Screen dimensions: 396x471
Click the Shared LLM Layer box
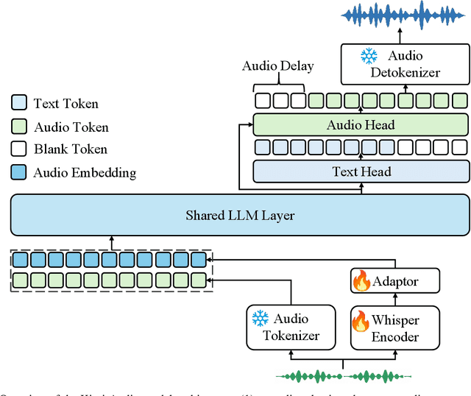(x=239, y=215)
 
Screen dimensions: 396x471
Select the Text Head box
(x=361, y=172)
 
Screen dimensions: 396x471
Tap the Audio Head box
(x=361, y=124)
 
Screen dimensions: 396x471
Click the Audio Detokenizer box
(x=404, y=64)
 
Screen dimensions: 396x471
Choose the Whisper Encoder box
(x=395, y=327)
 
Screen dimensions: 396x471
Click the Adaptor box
(x=395, y=280)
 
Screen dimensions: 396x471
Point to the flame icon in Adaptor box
(x=361, y=280)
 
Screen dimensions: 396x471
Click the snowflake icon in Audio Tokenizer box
(x=261, y=319)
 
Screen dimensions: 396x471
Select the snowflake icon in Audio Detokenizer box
(x=368, y=56)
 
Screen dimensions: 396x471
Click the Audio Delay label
(x=277, y=66)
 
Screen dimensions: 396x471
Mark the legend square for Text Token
(x=20, y=105)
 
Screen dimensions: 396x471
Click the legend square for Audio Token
(x=20, y=127)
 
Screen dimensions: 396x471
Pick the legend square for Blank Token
(x=20, y=149)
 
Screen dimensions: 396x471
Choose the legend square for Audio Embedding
(x=20, y=173)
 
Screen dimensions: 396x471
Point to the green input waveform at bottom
(x=343, y=376)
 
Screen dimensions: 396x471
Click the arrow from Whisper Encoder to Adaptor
(x=395, y=300)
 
